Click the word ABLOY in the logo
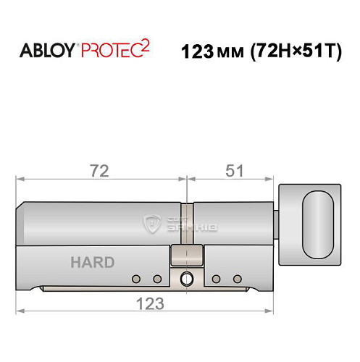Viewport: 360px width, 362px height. coord(49,52)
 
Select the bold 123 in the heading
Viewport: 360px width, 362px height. coord(199,53)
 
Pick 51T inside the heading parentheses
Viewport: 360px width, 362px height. coord(318,53)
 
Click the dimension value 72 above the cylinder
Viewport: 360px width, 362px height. coord(100,171)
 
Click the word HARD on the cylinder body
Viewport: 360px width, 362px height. coord(92,262)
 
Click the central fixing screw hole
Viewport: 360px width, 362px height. coord(188,277)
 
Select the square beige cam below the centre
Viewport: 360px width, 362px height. coord(185,255)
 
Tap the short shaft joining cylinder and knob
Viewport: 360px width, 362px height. coord(276,220)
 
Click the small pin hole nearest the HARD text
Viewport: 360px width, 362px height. coord(135,279)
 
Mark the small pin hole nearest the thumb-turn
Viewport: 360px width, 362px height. coord(236,279)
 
